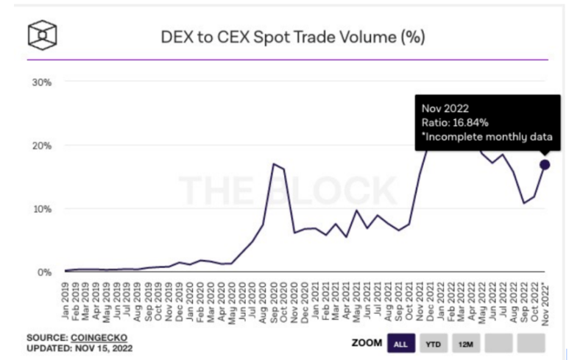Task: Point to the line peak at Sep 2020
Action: click(274, 163)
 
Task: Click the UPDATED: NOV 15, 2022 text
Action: click(79, 347)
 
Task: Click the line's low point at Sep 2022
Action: click(524, 202)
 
